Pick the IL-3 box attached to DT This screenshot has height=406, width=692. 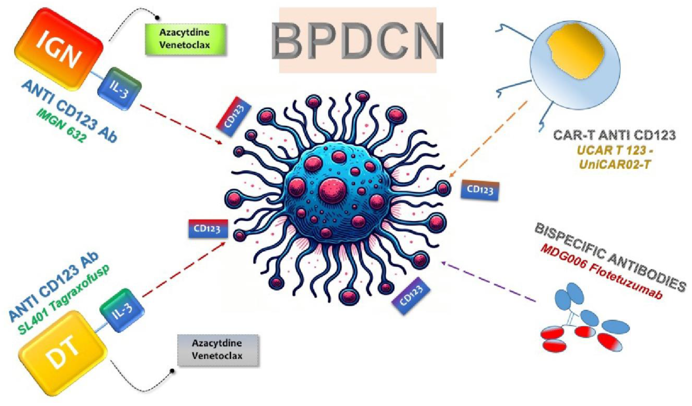point(122,310)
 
